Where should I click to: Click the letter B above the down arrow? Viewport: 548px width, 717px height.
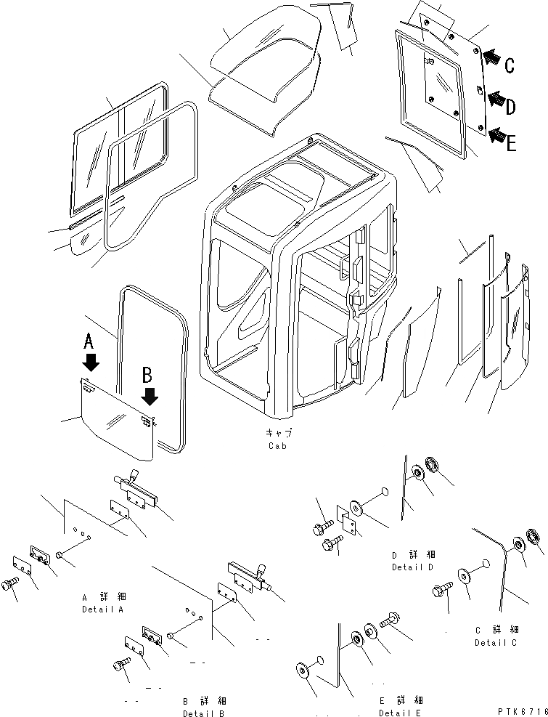click(147, 375)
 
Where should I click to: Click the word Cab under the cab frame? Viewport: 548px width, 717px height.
click(276, 445)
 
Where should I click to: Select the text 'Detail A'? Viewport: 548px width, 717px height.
click(102, 609)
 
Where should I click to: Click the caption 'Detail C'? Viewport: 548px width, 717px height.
click(496, 642)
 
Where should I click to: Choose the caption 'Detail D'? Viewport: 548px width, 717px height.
click(413, 567)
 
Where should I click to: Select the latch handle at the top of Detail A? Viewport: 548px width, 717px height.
click(133, 485)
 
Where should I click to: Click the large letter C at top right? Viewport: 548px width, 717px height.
click(510, 65)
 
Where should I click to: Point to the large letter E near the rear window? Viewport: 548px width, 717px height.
click(512, 144)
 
